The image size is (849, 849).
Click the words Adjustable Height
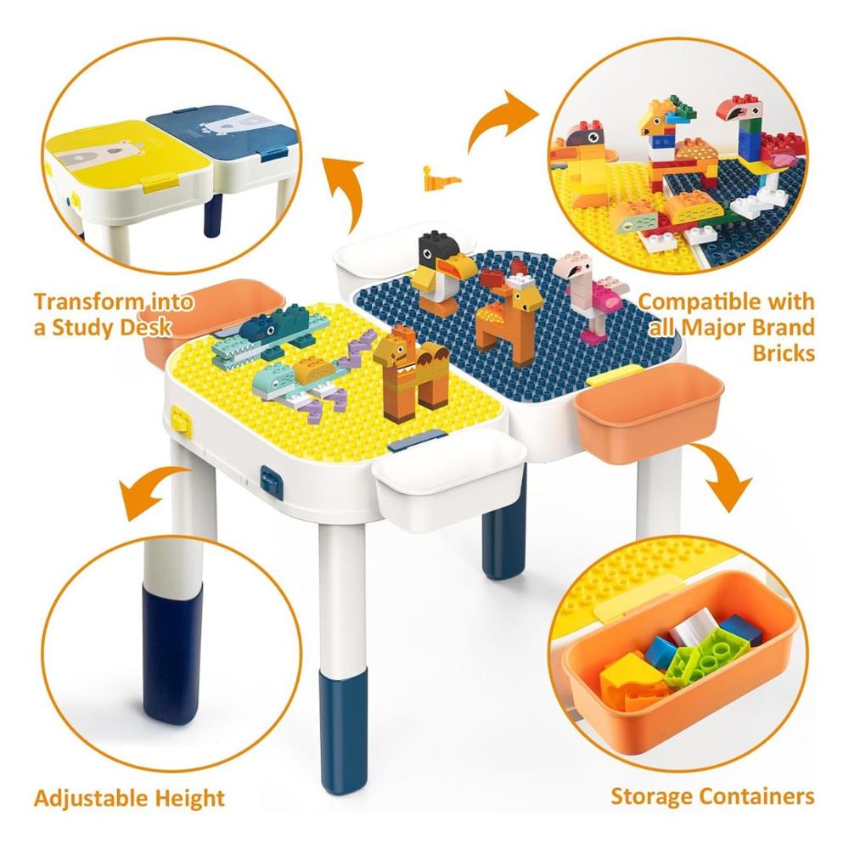click(x=129, y=798)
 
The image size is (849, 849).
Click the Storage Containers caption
click(x=712, y=796)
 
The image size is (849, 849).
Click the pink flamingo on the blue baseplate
click(x=588, y=292)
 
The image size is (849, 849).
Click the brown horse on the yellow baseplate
click(x=409, y=376)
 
